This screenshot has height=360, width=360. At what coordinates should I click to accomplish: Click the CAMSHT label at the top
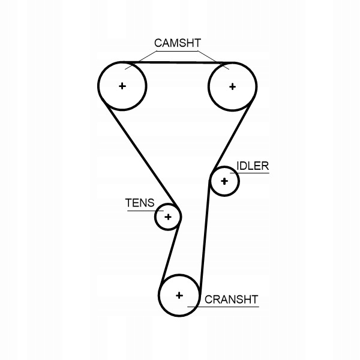pos(177,43)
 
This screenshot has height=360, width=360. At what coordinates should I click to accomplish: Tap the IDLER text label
pos(253,166)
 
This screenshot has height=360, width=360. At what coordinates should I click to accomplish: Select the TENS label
pos(139,203)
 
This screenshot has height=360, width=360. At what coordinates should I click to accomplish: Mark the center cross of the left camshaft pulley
pos(122,86)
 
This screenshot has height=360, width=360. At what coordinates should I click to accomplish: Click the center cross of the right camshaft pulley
pos(233,86)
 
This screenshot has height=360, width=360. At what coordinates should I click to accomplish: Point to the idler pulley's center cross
pos(225,181)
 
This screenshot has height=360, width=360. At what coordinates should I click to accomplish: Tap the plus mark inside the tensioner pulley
pos(168,217)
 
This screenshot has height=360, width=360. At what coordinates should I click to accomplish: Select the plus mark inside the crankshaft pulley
pos(179,295)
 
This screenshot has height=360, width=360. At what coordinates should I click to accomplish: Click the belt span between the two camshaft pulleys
pos(178,62)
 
